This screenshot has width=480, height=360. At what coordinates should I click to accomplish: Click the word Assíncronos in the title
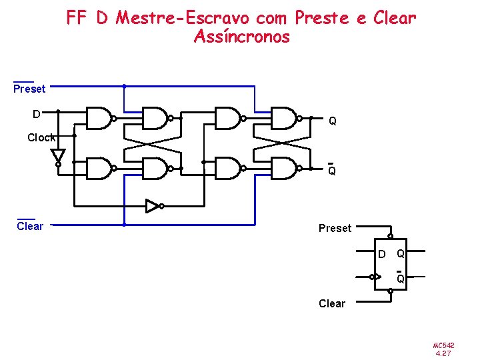click(241, 37)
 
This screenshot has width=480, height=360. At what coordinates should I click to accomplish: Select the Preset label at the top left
click(29, 89)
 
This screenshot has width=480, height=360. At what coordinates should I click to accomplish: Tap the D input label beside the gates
click(37, 114)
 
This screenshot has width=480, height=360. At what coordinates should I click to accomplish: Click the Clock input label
click(41, 137)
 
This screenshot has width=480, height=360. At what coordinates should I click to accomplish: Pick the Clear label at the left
click(29, 226)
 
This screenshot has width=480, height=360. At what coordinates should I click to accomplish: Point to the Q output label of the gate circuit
click(332, 121)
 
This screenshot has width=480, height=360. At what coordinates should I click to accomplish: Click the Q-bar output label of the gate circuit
click(331, 170)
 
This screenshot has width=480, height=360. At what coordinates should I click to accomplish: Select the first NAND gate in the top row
click(99, 118)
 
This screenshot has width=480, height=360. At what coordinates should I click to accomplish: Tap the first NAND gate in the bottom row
click(99, 169)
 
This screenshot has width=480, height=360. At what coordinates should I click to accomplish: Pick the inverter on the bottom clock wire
click(153, 206)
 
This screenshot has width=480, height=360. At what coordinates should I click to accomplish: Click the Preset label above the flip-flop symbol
click(335, 229)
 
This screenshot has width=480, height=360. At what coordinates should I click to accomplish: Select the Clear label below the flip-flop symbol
click(332, 304)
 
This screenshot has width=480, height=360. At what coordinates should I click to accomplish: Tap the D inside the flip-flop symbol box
click(381, 254)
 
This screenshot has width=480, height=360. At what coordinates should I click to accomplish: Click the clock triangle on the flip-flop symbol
click(377, 276)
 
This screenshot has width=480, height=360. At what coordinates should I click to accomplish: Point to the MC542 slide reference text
click(443, 345)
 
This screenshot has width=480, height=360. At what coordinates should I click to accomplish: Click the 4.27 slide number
click(443, 353)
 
